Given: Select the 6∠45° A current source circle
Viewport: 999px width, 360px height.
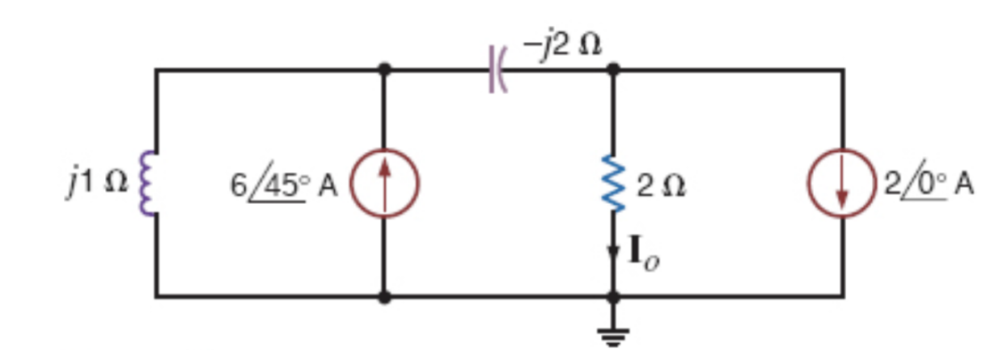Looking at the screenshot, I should click(x=384, y=184).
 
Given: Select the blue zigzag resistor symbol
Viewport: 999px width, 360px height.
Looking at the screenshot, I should click(x=614, y=184).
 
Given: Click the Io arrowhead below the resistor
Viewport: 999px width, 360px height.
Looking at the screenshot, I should click(x=614, y=252).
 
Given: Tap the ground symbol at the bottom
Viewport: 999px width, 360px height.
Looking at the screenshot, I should click(x=614, y=335).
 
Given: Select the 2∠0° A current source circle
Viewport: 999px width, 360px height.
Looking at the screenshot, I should click(x=842, y=184).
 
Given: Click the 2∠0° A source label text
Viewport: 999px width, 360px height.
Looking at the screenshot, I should click(x=928, y=185).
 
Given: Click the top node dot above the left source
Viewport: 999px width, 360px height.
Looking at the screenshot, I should click(x=384, y=70).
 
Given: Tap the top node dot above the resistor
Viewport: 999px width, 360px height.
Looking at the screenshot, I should click(x=614, y=70).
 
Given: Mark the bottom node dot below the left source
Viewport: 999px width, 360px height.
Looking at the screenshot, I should click(x=384, y=297).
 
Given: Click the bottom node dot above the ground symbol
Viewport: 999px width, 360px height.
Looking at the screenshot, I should click(x=614, y=297).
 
